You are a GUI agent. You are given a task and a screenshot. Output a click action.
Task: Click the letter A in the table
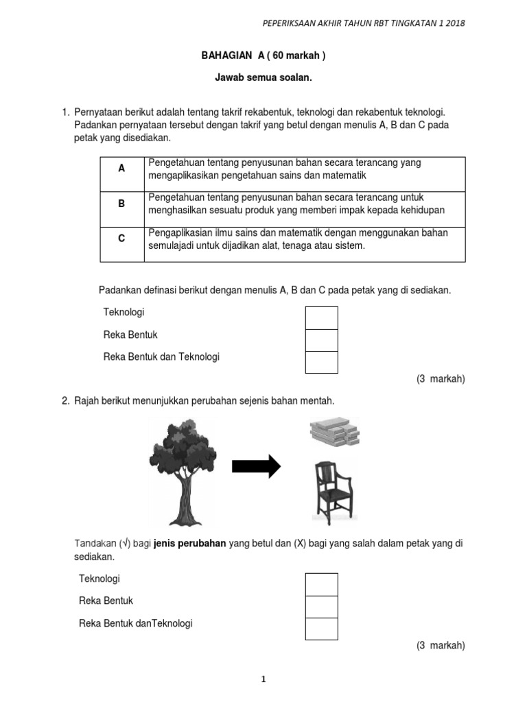click(x=121, y=168)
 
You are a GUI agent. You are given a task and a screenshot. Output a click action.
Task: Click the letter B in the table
click(x=121, y=204)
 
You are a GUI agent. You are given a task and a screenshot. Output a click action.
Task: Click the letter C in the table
click(x=121, y=239)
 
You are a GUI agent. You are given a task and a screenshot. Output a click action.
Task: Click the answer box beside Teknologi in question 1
click(x=321, y=318)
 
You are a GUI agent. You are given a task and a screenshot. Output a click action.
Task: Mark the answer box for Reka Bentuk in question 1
click(x=321, y=340)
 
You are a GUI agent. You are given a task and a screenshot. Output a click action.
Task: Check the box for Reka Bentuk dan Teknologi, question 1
click(x=321, y=362)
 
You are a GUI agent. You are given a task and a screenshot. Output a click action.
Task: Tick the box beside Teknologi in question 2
click(x=321, y=584)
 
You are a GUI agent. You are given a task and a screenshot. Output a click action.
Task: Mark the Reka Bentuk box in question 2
click(x=321, y=607)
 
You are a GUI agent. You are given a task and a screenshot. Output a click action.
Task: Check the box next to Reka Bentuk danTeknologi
click(x=321, y=629)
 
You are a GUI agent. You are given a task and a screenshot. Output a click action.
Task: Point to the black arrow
click(x=257, y=466)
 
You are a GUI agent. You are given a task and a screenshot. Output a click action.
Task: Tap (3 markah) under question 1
click(x=441, y=379)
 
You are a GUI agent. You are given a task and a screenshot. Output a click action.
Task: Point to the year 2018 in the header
click(x=454, y=23)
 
